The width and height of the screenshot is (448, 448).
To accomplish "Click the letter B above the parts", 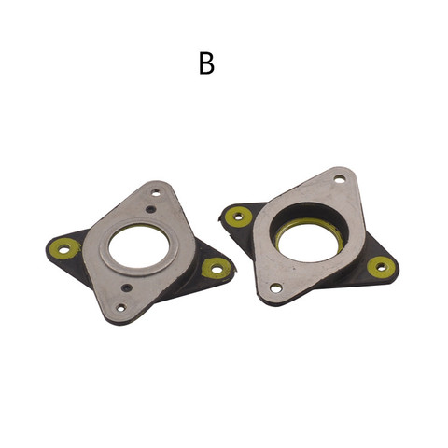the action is pos(206,63).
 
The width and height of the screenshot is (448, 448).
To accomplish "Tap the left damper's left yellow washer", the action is pos(64,248).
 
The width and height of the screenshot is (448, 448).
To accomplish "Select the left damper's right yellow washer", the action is pos(217,268).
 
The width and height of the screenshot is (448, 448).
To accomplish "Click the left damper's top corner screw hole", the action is pos(156,193).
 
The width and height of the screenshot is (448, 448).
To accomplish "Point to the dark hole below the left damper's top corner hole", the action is pos(150,209).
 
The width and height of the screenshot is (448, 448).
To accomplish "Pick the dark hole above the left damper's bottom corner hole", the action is pos(127,287).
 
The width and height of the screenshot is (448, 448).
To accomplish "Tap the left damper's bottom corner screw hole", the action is pos(121,308).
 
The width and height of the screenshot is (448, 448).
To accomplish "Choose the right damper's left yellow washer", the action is pos(238,216).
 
